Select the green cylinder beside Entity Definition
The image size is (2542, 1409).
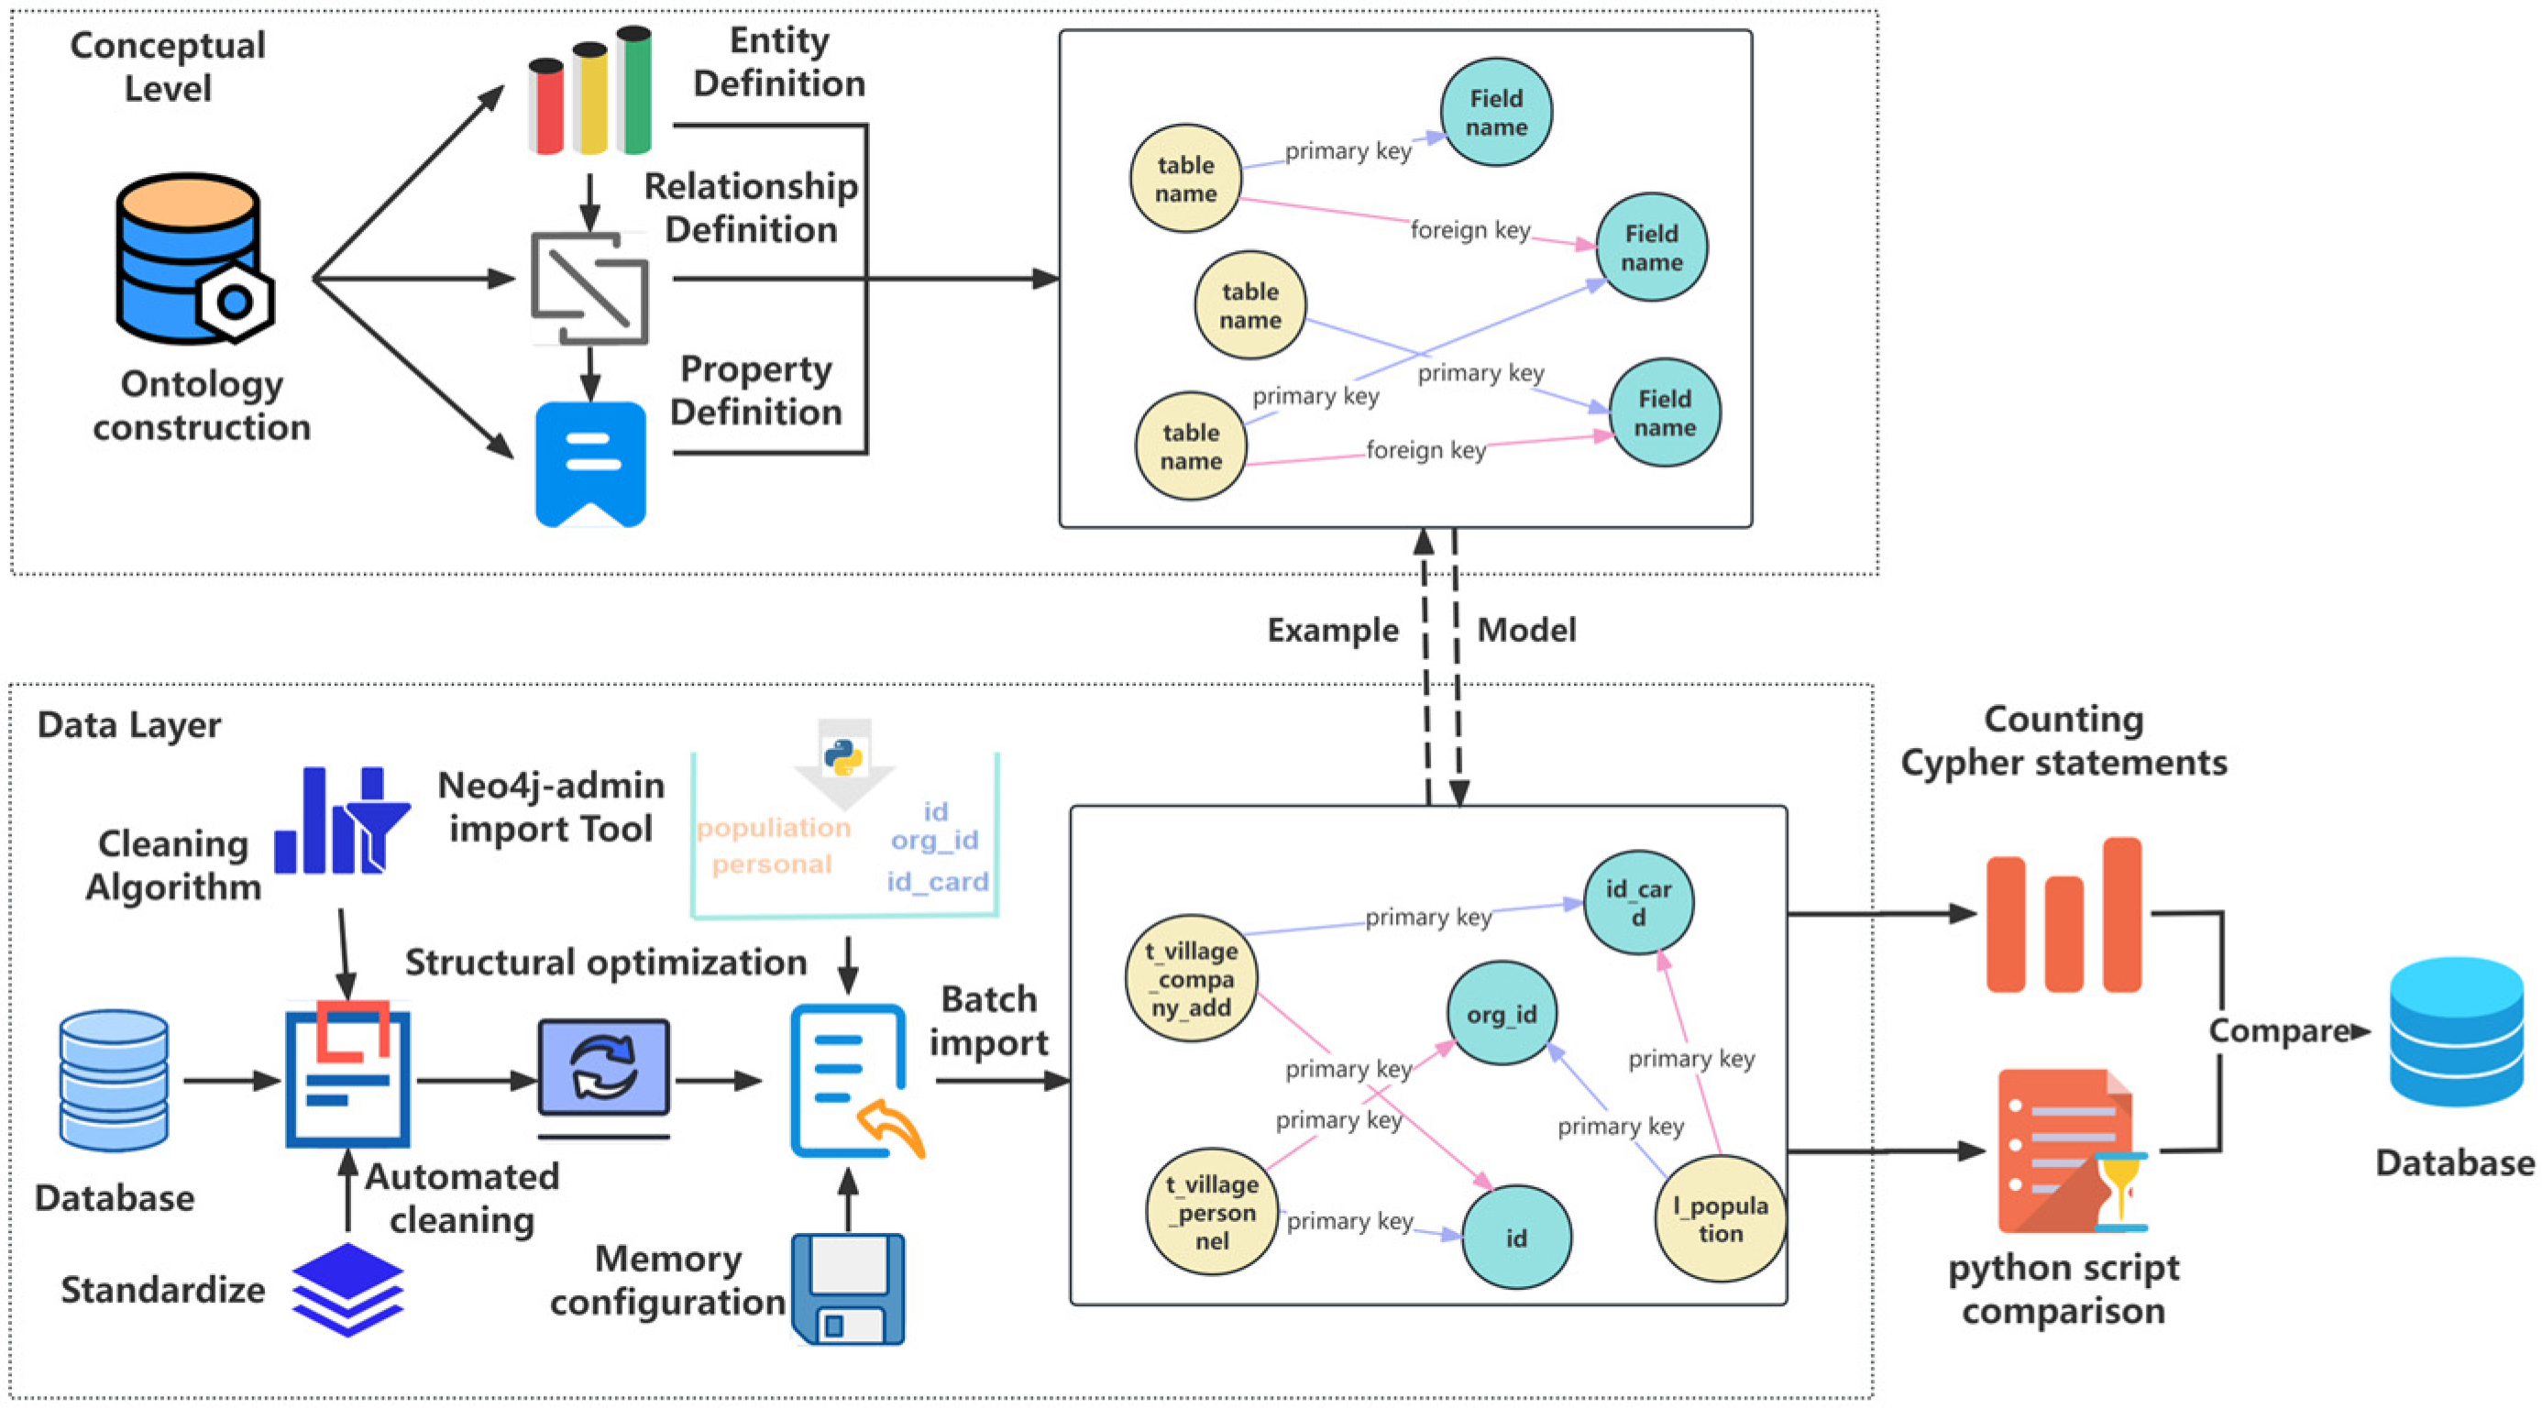click(633, 91)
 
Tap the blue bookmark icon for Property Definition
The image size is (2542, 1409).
click(590, 464)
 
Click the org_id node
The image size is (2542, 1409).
click(1501, 1014)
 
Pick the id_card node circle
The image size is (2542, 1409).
click(1638, 903)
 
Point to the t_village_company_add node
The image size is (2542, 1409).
click(1192, 980)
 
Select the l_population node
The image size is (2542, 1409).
click(1720, 1219)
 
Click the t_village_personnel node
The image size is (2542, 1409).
click(1212, 1213)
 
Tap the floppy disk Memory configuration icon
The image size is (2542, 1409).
click(848, 1289)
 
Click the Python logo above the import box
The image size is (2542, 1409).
click(842, 758)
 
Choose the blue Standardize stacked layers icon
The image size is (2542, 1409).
click(347, 1290)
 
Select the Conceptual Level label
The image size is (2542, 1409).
click(168, 66)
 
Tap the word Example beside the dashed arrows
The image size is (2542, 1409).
click(1332, 631)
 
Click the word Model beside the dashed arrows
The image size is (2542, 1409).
click(1526, 631)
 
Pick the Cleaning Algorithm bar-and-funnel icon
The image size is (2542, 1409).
click(341, 821)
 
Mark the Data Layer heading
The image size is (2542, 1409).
click(129, 725)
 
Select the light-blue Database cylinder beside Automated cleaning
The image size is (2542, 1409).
click(114, 1081)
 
